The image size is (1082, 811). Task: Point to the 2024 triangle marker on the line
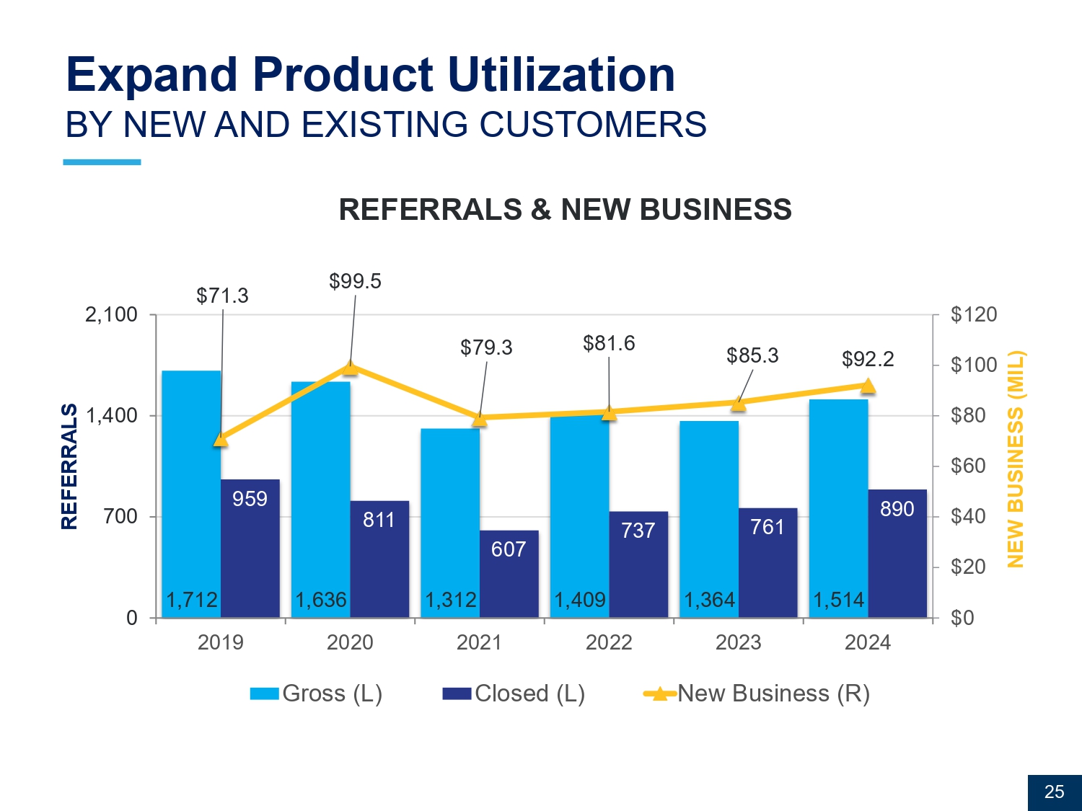pos(868,386)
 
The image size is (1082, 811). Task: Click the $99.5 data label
pos(355,281)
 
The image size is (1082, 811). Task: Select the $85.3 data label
pos(752,355)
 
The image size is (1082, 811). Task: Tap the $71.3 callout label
pos(222,296)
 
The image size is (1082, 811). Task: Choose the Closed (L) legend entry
pos(514,693)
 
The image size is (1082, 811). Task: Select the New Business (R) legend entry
pos(757,693)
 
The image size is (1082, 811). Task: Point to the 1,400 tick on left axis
pos(111,416)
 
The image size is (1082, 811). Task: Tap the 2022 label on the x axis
pos(609,642)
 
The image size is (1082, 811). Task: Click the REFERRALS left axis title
pos(69,466)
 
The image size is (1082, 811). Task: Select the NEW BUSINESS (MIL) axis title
pos(1015,459)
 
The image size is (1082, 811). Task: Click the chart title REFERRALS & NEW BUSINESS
pos(565,210)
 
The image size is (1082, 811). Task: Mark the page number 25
pos(1054,792)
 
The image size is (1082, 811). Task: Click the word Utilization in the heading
pos(561,75)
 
